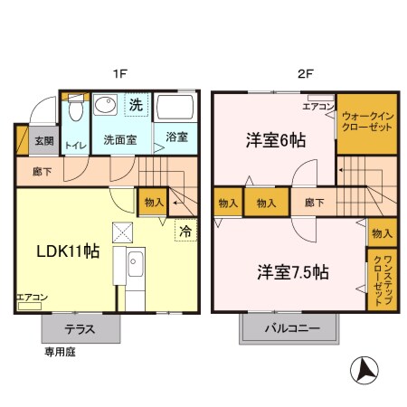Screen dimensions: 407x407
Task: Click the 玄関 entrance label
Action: (44, 141)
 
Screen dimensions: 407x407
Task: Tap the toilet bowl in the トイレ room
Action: (75, 111)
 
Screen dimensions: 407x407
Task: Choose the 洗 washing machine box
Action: (134, 106)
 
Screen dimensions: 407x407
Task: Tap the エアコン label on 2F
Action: (318, 106)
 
